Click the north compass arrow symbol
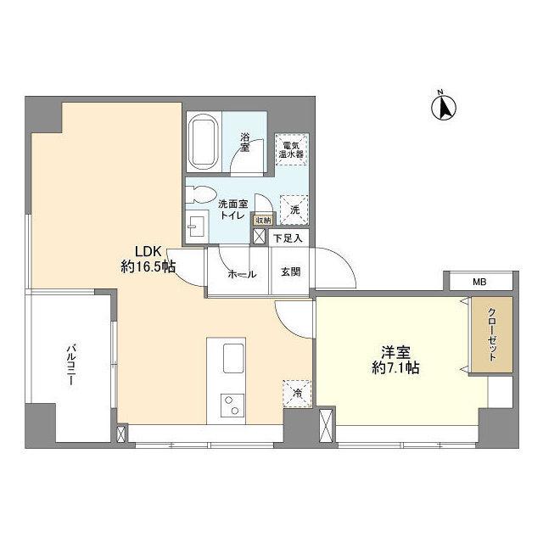pyautogui.click(x=442, y=107)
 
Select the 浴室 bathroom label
pyautogui.click(x=245, y=143)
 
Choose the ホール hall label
pyautogui.click(x=242, y=273)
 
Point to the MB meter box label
pyautogui.click(x=479, y=283)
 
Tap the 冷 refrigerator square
pyautogui.click(x=296, y=392)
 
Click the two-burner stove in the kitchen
pyautogui.click(x=229, y=406)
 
